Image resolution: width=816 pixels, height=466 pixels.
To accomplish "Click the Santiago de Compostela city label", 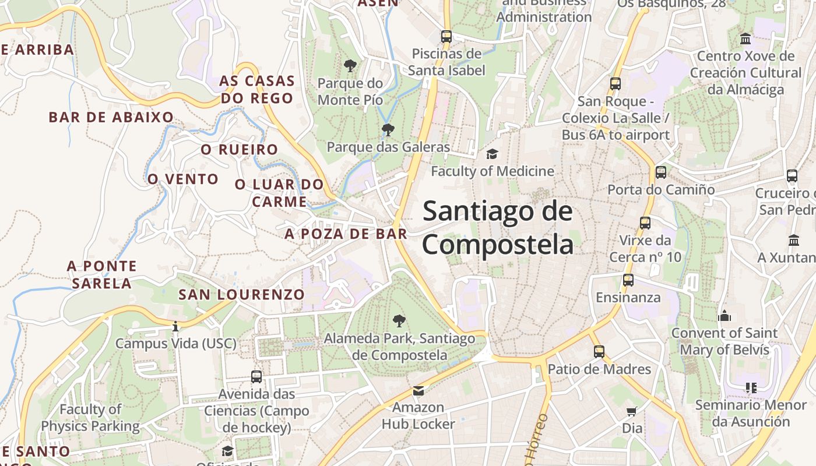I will click(498, 227).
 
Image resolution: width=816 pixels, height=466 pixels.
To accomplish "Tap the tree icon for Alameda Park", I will click(399, 320).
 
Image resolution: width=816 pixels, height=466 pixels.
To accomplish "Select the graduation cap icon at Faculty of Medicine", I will click(493, 154).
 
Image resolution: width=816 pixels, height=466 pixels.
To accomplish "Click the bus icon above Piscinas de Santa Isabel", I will click(446, 36).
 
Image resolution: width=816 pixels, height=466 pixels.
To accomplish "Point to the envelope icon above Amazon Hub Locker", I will click(418, 390).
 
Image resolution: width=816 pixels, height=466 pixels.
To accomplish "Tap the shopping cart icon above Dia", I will click(632, 411).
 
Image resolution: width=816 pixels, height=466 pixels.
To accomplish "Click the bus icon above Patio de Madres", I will click(599, 352).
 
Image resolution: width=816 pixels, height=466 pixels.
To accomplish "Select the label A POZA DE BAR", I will click(346, 234).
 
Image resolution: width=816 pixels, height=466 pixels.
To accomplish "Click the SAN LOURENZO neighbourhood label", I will click(241, 295).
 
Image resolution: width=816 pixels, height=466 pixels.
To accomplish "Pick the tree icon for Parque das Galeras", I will click(388, 129).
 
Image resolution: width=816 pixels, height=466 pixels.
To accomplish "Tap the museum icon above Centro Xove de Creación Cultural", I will click(745, 39).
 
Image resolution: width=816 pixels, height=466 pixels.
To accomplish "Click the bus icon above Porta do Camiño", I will click(660, 172).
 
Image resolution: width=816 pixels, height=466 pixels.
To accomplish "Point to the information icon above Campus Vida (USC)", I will click(175, 326).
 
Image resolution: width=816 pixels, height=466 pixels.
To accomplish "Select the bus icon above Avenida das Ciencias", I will click(256, 377).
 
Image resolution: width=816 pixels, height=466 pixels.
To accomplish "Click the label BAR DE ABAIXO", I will click(111, 117).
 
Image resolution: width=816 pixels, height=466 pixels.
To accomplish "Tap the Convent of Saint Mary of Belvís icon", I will click(724, 316).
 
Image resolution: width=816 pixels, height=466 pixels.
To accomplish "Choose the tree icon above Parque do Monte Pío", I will click(350, 65).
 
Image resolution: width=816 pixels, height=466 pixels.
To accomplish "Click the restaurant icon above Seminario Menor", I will click(751, 387).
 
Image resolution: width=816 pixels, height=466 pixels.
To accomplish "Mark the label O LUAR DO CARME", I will click(279, 193).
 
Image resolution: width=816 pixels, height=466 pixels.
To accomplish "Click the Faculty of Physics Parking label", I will click(90, 418).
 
